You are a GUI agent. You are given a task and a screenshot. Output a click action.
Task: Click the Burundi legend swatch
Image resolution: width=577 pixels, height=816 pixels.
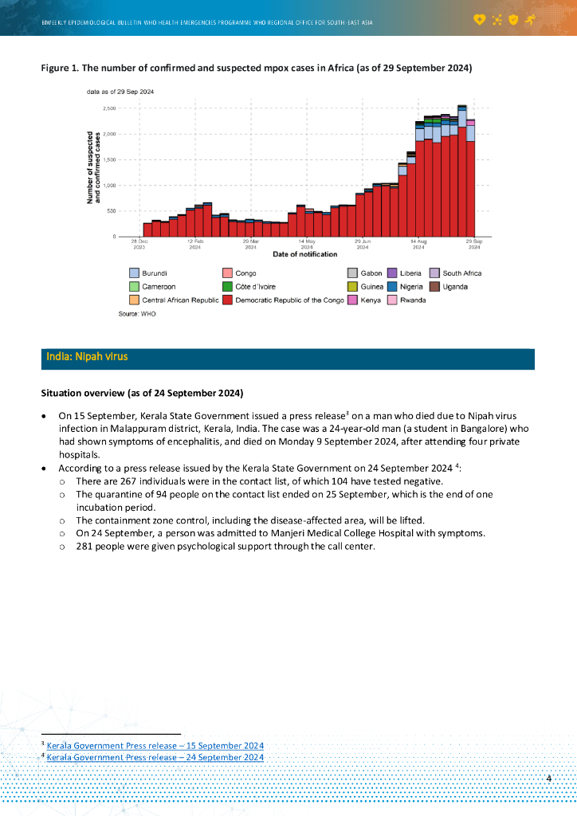135,273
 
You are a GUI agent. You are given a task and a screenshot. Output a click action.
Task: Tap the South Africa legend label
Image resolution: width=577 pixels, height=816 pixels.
461,273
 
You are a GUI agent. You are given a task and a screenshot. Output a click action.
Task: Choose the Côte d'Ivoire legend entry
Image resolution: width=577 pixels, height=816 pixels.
255,286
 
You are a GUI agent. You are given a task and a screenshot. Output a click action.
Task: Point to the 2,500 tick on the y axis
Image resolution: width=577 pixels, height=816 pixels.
109,108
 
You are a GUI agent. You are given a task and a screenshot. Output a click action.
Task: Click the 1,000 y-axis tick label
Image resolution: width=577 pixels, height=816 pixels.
109,185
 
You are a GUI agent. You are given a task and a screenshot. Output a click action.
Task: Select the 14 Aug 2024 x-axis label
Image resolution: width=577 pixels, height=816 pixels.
418,244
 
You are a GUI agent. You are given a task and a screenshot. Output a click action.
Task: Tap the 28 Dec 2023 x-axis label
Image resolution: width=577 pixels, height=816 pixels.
139,244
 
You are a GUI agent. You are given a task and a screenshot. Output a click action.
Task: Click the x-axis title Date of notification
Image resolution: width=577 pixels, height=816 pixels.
304,254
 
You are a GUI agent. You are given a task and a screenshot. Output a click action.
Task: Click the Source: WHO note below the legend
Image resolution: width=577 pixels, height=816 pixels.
137,315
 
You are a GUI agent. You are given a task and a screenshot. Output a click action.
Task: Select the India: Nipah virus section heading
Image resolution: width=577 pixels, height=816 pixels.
88,358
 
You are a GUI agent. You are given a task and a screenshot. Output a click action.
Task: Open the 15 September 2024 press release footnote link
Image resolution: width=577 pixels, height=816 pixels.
155,746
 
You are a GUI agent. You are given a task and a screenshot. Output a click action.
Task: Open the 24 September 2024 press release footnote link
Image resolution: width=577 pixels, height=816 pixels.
155,757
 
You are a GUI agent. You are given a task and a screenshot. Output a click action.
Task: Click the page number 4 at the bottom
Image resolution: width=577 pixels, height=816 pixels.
549,778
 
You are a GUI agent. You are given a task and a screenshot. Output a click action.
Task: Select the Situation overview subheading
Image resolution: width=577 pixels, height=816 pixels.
142,394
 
